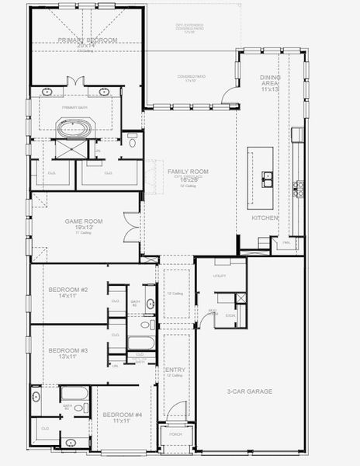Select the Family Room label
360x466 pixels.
(183, 170)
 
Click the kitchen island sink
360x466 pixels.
(268, 179)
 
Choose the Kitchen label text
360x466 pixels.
(265, 218)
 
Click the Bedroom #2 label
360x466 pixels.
(68, 290)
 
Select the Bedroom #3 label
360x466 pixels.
(68, 350)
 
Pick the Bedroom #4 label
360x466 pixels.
(123, 415)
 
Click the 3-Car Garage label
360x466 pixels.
(249, 391)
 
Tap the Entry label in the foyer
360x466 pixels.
(175, 370)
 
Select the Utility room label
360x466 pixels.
(220, 276)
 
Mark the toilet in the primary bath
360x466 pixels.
(133, 143)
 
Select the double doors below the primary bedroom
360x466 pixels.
(74, 82)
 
